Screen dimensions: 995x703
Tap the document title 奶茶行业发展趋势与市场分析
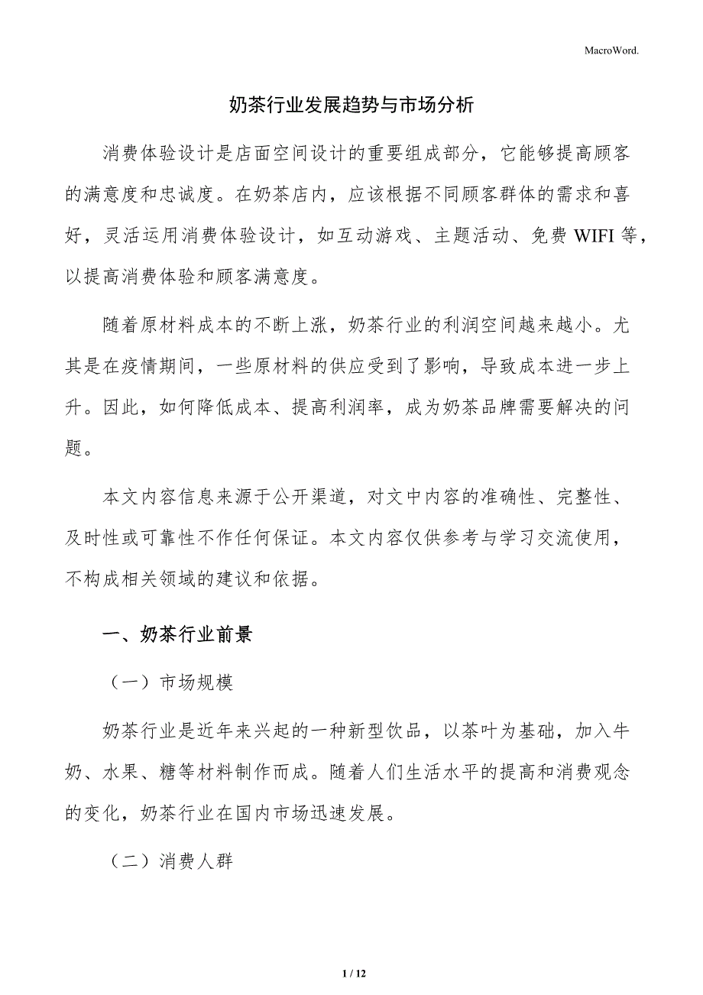pyautogui.click(x=351, y=105)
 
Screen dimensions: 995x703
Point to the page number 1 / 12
pyautogui.click(x=352, y=973)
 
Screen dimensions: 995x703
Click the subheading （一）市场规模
pyautogui.click(x=168, y=682)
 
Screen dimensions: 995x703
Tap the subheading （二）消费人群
pyautogui.click(x=168, y=861)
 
